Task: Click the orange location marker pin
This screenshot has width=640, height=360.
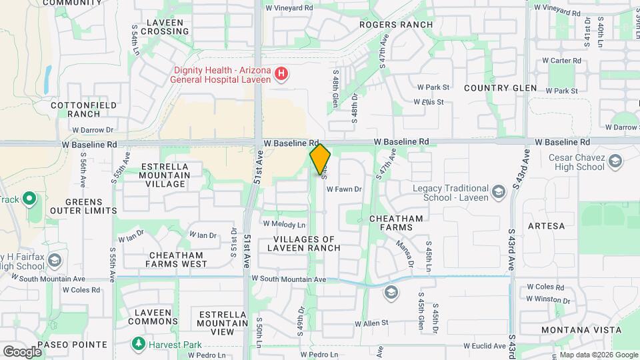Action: tap(320, 159)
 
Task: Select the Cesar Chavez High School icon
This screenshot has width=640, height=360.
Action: tap(615, 161)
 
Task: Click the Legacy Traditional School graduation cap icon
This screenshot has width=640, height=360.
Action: tap(497, 193)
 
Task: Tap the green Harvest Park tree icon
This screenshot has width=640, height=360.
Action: tap(138, 344)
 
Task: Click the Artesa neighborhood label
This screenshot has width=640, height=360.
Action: tap(546, 226)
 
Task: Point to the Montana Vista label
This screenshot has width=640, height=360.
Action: tap(581, 330)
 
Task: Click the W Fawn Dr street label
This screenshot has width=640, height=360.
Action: tap(343, 189)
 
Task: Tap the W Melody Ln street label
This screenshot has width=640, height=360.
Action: tap(284, 225)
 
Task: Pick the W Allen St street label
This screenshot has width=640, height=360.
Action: tap(371, 323)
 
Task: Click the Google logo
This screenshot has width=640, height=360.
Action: tap(22, 351)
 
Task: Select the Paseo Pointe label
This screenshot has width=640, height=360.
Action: tap(72, 345)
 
